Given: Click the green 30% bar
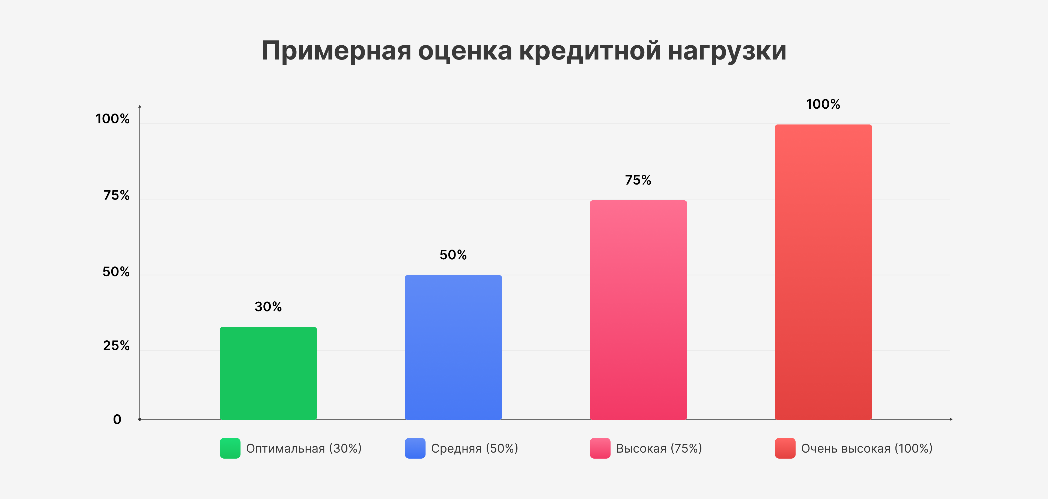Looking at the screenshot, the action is point(268,373).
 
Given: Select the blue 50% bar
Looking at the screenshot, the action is point(453,347).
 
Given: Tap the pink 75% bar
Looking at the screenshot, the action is point(638,310).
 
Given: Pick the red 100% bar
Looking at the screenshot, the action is point(823,272).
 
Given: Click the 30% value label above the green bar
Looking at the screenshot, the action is point(268,307).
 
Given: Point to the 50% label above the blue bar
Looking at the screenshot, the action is point(453,255).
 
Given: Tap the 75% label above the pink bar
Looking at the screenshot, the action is point(638,180).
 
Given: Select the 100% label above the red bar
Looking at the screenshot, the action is point(823,104).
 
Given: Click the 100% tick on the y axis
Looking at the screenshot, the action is point(113,119).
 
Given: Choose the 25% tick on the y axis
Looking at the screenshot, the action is point(116,346).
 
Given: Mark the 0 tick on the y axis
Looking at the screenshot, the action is point(117,419).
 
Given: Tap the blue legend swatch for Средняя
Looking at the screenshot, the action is point(415,448).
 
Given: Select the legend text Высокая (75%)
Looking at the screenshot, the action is point(659,448).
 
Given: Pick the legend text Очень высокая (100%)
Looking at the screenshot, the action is point(867,448).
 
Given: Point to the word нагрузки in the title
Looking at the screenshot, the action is point(727,52).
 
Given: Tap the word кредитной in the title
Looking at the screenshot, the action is point(590,52).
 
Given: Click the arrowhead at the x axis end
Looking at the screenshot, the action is point(951,419).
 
